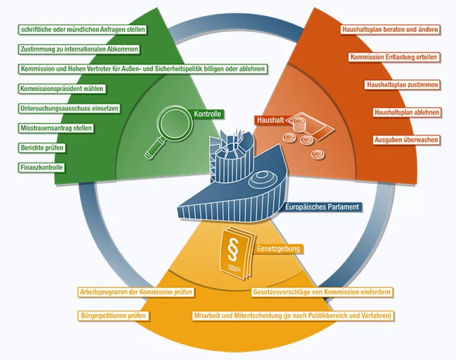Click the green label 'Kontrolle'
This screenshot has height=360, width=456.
[x=208, y=114]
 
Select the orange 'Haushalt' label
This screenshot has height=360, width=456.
[x=269, y=120]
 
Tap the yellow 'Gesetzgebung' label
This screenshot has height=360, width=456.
[x=279, y=249]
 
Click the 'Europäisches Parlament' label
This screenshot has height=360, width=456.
[x=322, y=207]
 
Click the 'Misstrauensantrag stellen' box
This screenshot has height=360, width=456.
[x=56, y=128]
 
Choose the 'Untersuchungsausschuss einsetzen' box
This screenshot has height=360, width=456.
[x=69, y=108]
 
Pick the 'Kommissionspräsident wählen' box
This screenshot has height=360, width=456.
[x=62, y=89]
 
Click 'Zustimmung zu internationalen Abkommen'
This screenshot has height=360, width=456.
[x=80, y=49]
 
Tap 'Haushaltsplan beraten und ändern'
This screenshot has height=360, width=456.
[x=390, y=30]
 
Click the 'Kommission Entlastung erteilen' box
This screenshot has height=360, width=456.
[x=394, y=57]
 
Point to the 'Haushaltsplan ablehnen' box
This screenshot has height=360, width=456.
[x=407, y=112]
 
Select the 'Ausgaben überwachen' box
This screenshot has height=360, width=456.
[x=406, y=139]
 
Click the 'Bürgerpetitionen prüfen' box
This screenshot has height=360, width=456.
[x=113, y=316]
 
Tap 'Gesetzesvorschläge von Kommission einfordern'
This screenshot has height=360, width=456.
[x=322, y=292]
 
